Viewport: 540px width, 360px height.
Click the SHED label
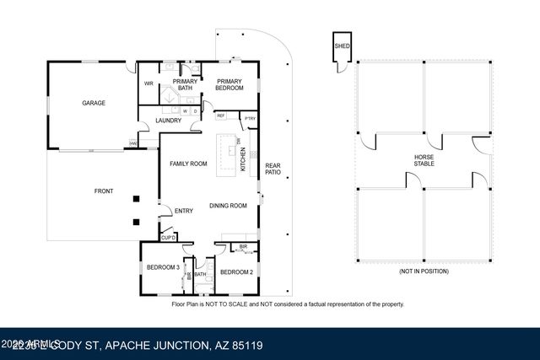pos(342,46)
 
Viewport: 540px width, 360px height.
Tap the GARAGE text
pos(93,103)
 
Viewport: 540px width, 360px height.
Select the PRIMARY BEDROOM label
pos(229,84)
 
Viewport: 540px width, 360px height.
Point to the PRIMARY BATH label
pos(185,84)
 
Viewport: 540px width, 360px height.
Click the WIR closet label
pos(148,83)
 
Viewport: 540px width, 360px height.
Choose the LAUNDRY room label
pos(168,121)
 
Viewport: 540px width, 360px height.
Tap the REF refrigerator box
pos(221,116)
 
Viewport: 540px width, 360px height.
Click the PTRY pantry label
pos(250,119)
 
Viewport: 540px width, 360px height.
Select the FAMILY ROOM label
pos(188,164)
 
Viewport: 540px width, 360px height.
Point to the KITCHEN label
pos(244,159)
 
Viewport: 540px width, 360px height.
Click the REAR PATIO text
pos(273,169)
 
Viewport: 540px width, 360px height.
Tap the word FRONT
pos(104,191)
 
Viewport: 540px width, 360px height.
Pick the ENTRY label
pos(183,211)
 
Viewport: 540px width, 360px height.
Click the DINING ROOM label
pos(228,206)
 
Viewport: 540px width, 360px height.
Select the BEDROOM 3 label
pos(162,266)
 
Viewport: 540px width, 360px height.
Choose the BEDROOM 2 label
pos(236,271)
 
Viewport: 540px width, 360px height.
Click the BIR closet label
pos(243,248)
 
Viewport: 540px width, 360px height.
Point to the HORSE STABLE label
pos(424,161)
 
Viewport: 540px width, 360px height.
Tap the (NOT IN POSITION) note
pos(424,272)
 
